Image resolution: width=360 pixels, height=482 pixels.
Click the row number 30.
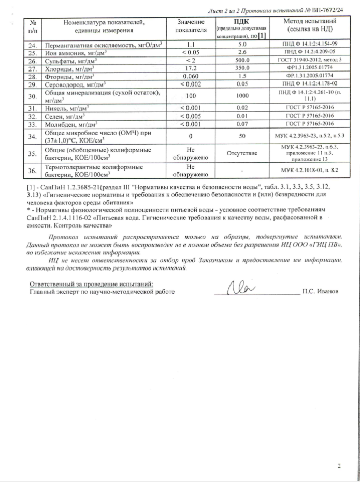click(32, 95)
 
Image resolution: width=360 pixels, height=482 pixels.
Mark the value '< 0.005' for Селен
click(190, 116)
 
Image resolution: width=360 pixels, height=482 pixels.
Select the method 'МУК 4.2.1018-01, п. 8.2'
click(310, 171)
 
